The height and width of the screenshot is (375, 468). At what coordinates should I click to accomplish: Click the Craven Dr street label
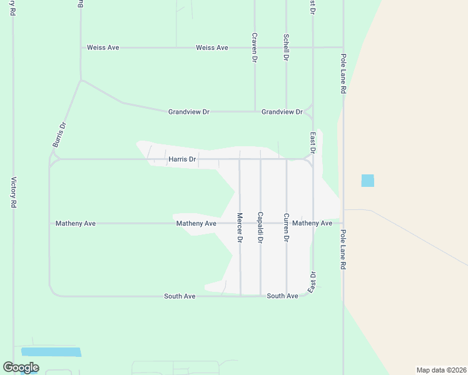[x=255, y=47]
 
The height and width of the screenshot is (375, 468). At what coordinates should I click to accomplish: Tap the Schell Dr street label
[x=286, y=47]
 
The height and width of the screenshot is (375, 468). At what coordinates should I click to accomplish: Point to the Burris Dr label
[x=59, y=135]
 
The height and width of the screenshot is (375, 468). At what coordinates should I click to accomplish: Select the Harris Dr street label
[x=182, y=159]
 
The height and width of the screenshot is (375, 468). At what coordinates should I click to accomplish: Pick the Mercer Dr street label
[x=240, y=227]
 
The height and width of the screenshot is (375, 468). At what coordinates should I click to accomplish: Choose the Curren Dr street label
[x=286, y=227]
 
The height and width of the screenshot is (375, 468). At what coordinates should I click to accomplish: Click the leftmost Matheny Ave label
[x=76, y=223]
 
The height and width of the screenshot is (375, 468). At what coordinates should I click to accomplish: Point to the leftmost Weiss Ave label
[x=103, y=47]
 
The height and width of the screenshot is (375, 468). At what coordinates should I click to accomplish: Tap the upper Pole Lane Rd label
[x=343, y=74]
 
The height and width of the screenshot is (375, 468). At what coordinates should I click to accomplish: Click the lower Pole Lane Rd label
[x=343, y=249]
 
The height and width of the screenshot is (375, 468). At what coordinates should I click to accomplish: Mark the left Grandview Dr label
[x=189, y=112]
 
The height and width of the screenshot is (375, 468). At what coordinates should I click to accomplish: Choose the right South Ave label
[x=283, y=296]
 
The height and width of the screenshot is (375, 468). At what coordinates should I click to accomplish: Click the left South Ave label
[x=180, y=296]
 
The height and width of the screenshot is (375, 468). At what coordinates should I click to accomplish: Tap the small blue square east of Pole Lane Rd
[x=368, y=181]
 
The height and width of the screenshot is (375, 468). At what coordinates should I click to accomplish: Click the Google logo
[x=21, y=367]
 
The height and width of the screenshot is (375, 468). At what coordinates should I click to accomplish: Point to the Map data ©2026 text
[x=440, y=370]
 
